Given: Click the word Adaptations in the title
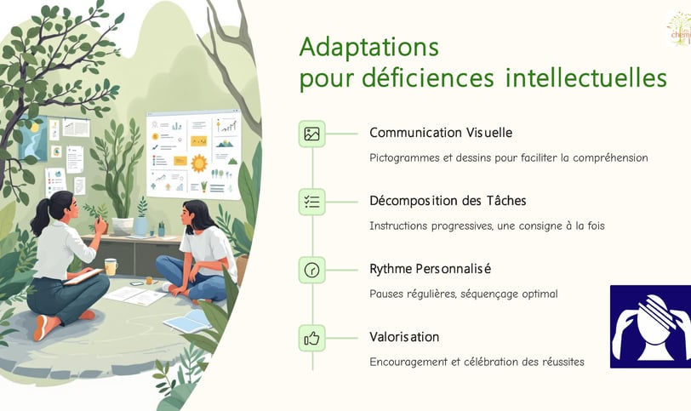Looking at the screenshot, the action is pyautogui.click(x=368, y=48).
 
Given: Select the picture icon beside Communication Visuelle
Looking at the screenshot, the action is pyautogui.click(x=312, y=134).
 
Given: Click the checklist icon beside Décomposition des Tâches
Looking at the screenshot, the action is pyautogui.click(x=312, y=203).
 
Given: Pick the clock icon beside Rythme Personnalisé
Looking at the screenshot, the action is pyautogui.click(x=312, y=270).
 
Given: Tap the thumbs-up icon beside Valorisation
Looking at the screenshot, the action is pyautogui.click(x=312, y=339).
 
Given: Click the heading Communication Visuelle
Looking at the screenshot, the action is pyautogui.click(x=441, y=133).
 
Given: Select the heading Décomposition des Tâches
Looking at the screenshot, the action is pyautogui.click(x=448, y=201).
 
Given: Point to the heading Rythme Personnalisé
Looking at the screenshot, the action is pyautogui.click(x=430, y=269).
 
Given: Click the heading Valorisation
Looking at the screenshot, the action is pyautogui.click(x=404, y=337).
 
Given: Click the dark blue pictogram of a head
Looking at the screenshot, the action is pyautogui.click(x=650, y=327).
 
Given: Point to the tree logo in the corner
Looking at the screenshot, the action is pyautogui.click(x=679, y=29).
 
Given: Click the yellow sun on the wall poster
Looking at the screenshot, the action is pyautogui.click(x=199, y=163).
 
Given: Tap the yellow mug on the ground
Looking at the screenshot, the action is pyautogui.click(x=111, y=267).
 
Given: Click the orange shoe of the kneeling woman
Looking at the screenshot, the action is pyautogui.click(x=41, y=328).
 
